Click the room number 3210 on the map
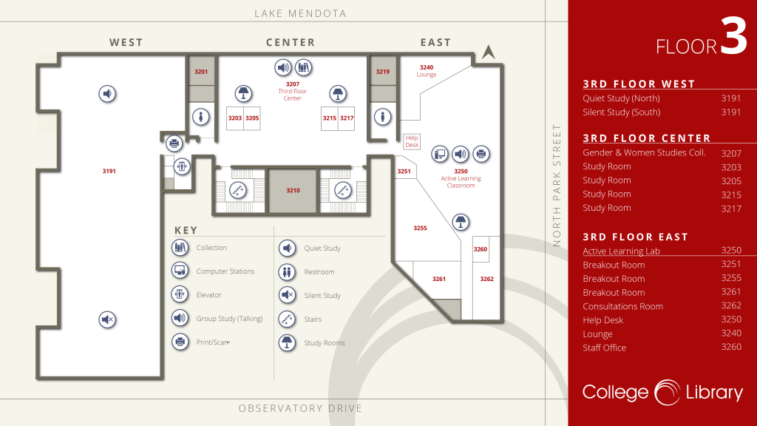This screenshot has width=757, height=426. coord(293,190)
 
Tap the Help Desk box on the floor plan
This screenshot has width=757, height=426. coord(412,141)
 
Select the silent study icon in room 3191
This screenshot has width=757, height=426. coord(107,319)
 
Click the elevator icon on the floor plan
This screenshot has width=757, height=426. coord(182,166)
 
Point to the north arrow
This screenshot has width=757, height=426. coord(489,52)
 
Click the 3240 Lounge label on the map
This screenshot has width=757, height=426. coord(427,71)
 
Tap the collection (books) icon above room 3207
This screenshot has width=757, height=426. coord(304,67)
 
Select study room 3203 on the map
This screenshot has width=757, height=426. coord(235,118)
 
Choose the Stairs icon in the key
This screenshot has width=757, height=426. coord(287,319)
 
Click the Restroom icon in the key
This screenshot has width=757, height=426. coord(287,272)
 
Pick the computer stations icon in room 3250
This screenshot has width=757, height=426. coord(440,154)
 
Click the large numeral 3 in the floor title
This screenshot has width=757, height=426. coord(734,35)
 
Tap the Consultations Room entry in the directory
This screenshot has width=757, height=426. coord(622,306)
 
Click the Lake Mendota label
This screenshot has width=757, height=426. coord(300,13)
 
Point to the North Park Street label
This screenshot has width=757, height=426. coord(557,186)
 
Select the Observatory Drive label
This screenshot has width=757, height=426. coord(300,408)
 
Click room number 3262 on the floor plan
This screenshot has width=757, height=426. coord(486,279)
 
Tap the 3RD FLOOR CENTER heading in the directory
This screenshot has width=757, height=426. coord(646,138)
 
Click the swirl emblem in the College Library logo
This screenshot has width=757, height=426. coord(668,393)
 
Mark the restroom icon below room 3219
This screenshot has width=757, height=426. coord(382,117)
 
